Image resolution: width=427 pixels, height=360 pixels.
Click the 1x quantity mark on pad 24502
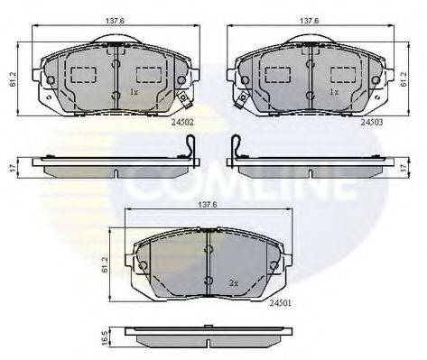click(134, 92)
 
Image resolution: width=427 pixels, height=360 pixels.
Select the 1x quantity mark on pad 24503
click(333, 92)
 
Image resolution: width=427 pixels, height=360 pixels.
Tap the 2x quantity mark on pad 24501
click(234, 282)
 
